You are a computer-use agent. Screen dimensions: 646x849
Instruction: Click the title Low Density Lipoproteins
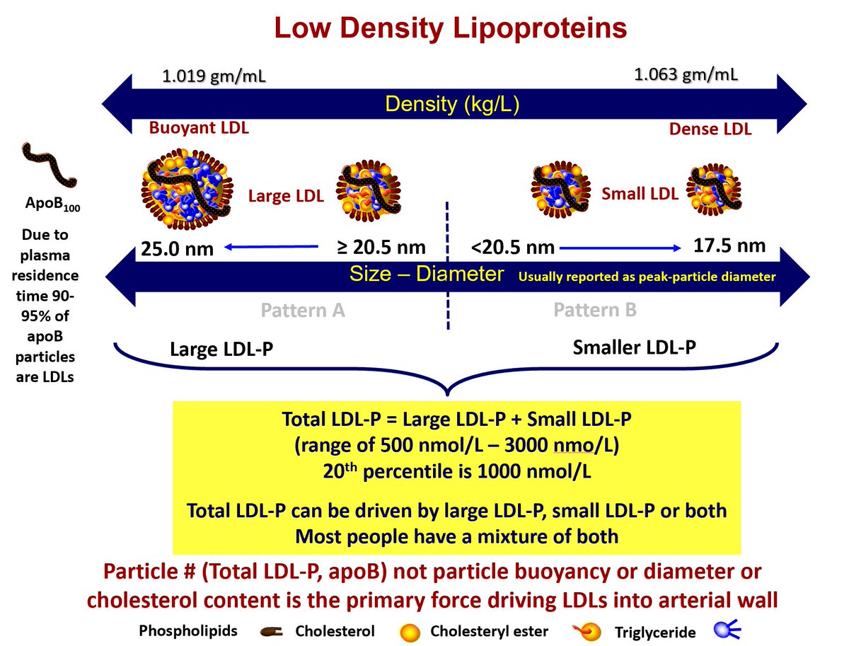tap(451, 29)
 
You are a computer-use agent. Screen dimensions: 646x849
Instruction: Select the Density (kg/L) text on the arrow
tap(452, 105)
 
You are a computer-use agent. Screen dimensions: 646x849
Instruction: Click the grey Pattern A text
tap(302, 310)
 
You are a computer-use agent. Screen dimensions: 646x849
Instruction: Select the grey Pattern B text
tap(595, 310)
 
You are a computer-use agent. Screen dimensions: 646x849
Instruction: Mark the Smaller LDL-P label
tap(634, 347)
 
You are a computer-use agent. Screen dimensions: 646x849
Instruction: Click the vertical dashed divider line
tap(447, 265)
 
